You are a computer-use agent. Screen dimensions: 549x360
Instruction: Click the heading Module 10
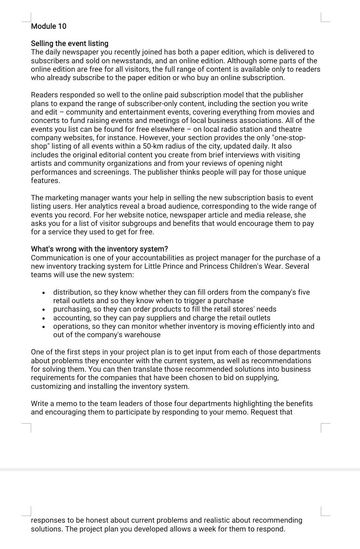tap(48, 26)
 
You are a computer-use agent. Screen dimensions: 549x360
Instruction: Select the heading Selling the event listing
tap(70, 44)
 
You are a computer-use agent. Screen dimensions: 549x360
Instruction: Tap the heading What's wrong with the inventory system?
tap(99, 249)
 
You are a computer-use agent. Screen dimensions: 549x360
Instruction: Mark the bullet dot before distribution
tap(44, 293)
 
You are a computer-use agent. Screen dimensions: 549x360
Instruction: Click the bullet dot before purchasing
tap(44, 309)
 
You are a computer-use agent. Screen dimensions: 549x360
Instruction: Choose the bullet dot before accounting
tap(44, 318)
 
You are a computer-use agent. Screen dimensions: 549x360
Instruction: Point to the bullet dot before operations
tap(44, 327)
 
